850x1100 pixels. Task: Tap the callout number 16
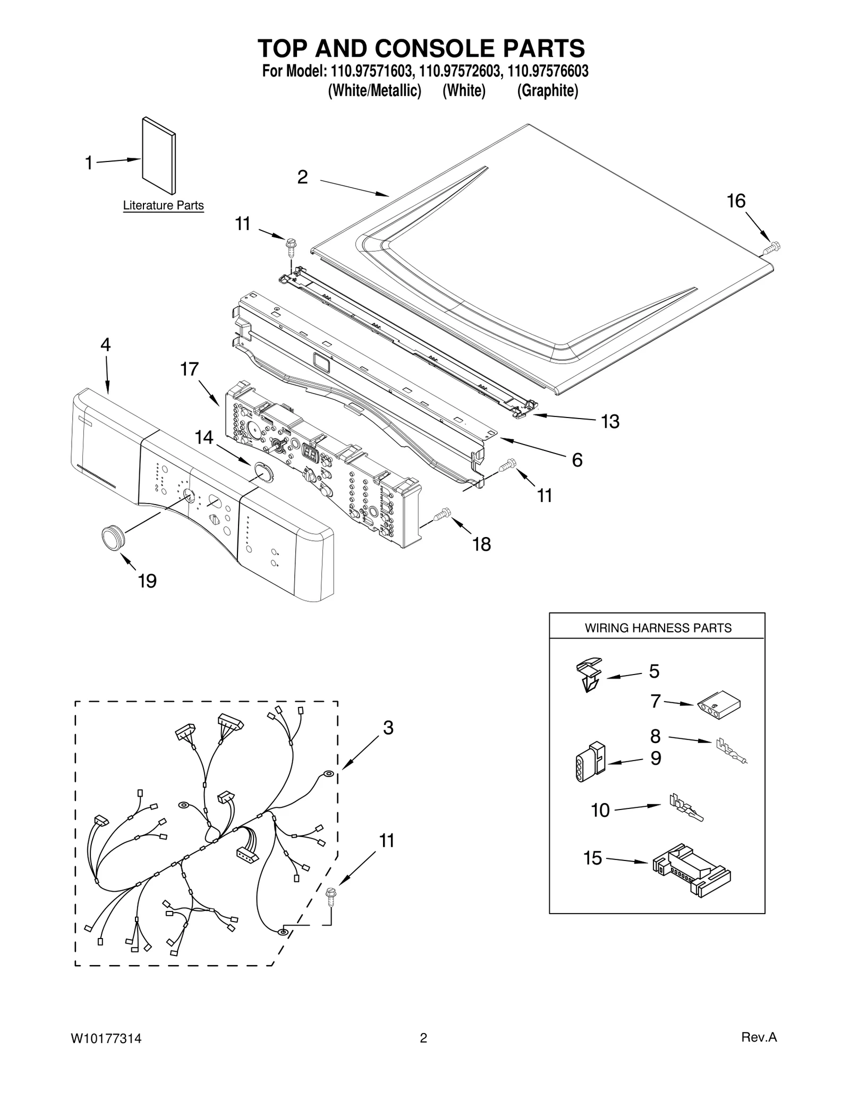(x=736, y=201)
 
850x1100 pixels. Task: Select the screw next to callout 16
(x=772, y=247)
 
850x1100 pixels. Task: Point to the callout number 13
(x=610, y=422)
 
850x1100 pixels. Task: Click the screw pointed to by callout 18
(x=441, y=515)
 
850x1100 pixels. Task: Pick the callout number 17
(x=190, y=369)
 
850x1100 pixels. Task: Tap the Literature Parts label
(x=163, y=205)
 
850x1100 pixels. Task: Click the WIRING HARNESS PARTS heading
(x=658, y=628)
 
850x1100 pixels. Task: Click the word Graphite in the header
(x=548, y=91)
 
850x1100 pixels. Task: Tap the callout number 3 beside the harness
(x=388, y=728)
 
